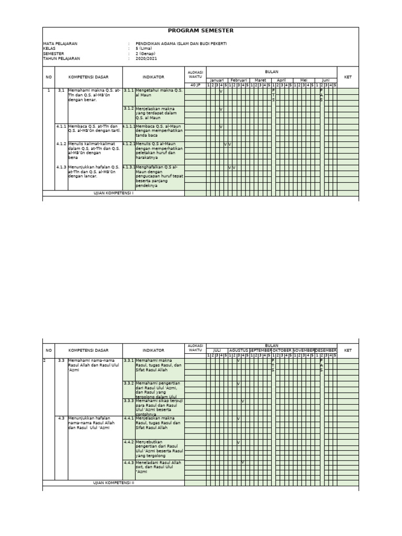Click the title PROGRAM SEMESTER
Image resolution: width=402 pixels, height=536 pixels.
click(200, 31)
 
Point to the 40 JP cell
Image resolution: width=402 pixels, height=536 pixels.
click(195, 85)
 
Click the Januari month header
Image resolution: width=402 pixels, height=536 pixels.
click(217, 80)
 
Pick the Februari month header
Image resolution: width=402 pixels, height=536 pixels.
click(239, 80)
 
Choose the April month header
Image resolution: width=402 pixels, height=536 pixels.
click(282, 80)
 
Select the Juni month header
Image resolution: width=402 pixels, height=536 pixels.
click(326, 80)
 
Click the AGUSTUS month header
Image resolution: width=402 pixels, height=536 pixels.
click(239, 350)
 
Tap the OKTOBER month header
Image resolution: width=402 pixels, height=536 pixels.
click(282, 350)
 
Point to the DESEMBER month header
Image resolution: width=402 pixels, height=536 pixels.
click(326, 350)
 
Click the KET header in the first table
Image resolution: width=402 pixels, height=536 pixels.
click(348, 77)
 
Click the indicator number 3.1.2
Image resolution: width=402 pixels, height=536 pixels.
click(129, 109)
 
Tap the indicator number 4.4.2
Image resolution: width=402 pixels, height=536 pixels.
click(129, 442)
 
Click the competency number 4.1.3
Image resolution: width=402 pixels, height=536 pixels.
click(61, 167)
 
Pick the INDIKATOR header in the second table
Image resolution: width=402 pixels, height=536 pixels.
click(153, 350)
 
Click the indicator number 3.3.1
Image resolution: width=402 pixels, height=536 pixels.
click(129, 361)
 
